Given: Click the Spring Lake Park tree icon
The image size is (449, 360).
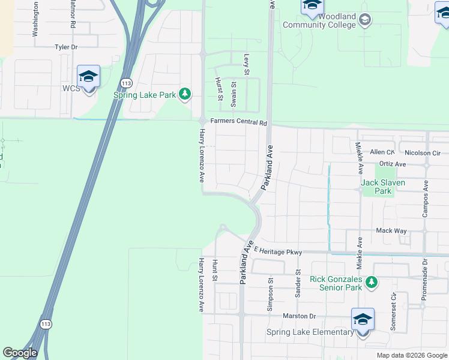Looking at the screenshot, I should click(x=186, y=94).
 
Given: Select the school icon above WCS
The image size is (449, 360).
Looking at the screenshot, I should click(x=88, y=76).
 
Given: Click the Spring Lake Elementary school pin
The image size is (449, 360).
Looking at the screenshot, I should click(x=363, y=319).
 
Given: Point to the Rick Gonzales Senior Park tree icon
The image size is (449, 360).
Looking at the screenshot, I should click(x=372, y=281).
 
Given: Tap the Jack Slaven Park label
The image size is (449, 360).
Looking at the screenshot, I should click(x=383, y=182).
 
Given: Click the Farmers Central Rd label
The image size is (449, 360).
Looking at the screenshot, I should click(x=238, y=122).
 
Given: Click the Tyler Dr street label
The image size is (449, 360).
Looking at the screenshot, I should click(x=66, y=46).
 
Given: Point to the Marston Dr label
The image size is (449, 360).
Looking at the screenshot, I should click(x=298, y=316).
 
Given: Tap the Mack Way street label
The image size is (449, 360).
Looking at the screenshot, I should click(x=391, y=230).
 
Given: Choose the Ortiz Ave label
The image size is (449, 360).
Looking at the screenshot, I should click(x=393, y=164).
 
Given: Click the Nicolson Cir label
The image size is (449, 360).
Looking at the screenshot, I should click(x=422, y=153).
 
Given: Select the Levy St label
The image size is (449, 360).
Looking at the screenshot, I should click(x=246, y=60).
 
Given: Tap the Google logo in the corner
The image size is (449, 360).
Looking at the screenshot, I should click(x=20, y=353).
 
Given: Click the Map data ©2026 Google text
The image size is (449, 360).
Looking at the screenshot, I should click(x=412, y=355).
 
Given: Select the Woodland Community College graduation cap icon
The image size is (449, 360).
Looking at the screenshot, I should click(x=364, y=21).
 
